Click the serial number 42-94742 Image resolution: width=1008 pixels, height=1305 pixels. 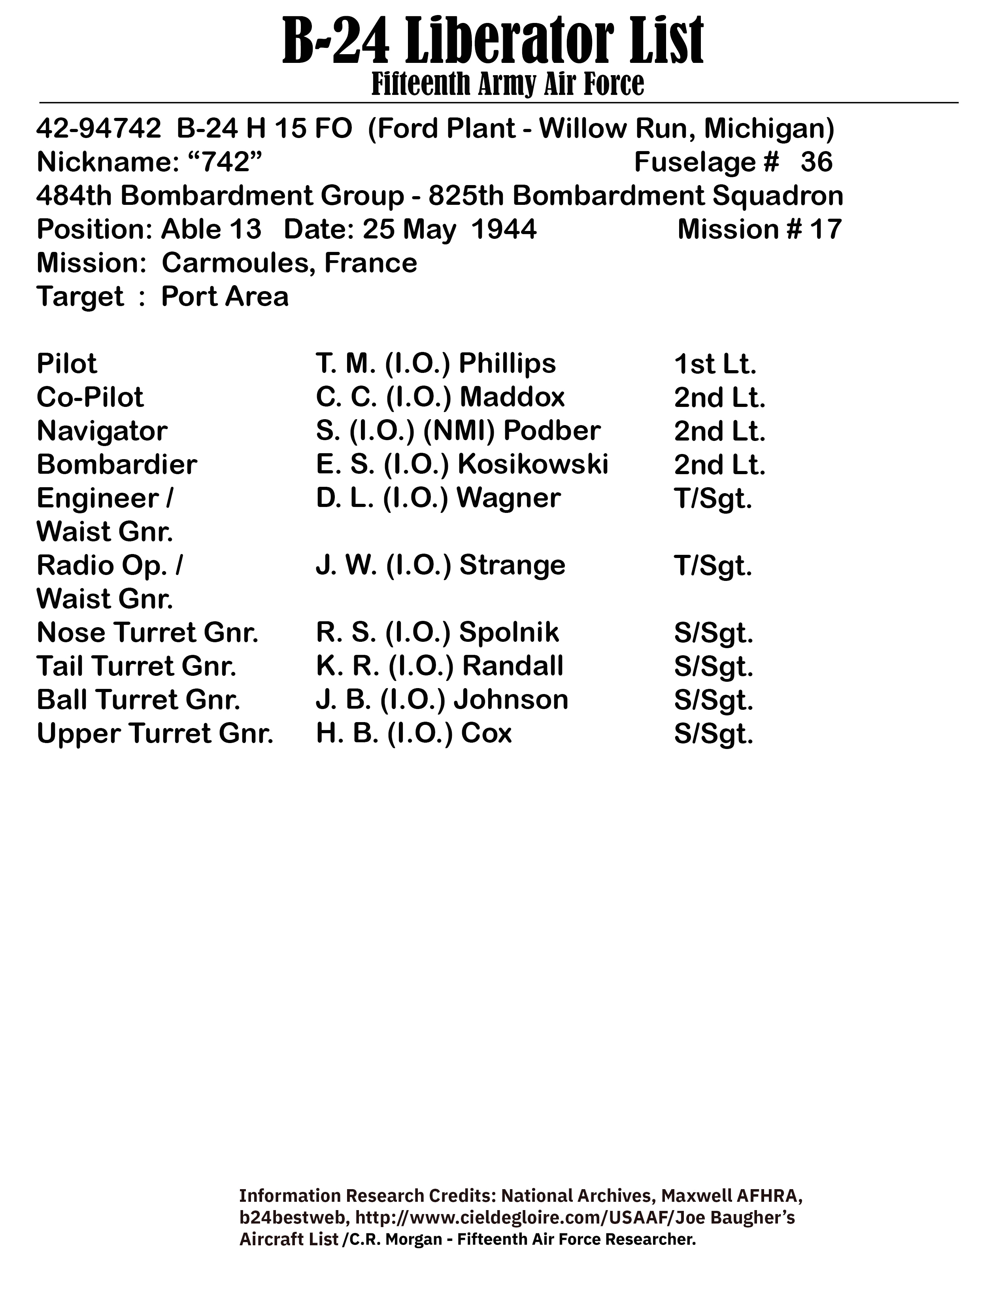98,129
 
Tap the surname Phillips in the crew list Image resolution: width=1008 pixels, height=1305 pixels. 507,363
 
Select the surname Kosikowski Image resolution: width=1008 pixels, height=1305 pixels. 533,464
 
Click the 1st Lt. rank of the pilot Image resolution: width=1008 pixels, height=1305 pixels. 715,364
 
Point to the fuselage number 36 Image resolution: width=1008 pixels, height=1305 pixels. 816,162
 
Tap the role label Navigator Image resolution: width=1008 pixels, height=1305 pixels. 102,431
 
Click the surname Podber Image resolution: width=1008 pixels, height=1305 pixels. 552,431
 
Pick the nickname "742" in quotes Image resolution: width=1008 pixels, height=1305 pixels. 225,162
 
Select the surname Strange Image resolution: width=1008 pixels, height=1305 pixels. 512,565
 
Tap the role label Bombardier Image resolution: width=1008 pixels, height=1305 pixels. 117,464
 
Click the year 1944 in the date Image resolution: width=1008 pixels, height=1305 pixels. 503,229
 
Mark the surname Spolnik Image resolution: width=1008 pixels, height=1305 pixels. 509,632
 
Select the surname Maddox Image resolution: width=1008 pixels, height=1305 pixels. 512,397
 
